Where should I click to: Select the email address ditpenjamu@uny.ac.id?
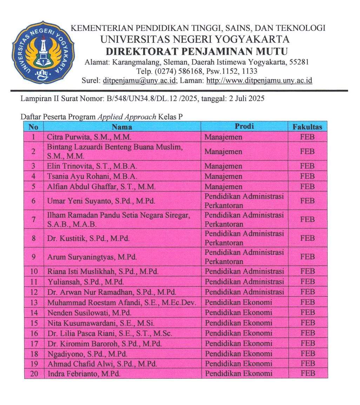(x=140, y=80)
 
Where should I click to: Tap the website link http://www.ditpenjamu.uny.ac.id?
(x=259, y=80)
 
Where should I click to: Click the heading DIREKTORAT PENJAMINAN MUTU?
(x=196, y=52)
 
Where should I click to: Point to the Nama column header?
(x=122, y=126)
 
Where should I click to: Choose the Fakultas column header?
(x=307, y=127)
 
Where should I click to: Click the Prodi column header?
(x=244, y=126)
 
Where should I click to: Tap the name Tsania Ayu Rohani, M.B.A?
(x=92, y=176)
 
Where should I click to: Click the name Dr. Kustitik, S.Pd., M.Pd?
(x=88, y=238)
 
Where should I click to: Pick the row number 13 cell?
(x=34, y=302)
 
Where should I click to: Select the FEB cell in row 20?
(x=307, y=373)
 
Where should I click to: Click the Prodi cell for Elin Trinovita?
(x=224, y=166)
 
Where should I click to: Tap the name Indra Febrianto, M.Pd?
(x=84, y=374)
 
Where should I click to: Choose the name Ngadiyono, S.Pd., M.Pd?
(x=87, y=353)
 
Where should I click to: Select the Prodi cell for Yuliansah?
(x=244, y=281)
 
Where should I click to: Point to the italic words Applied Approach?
(x=126, y=117)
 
